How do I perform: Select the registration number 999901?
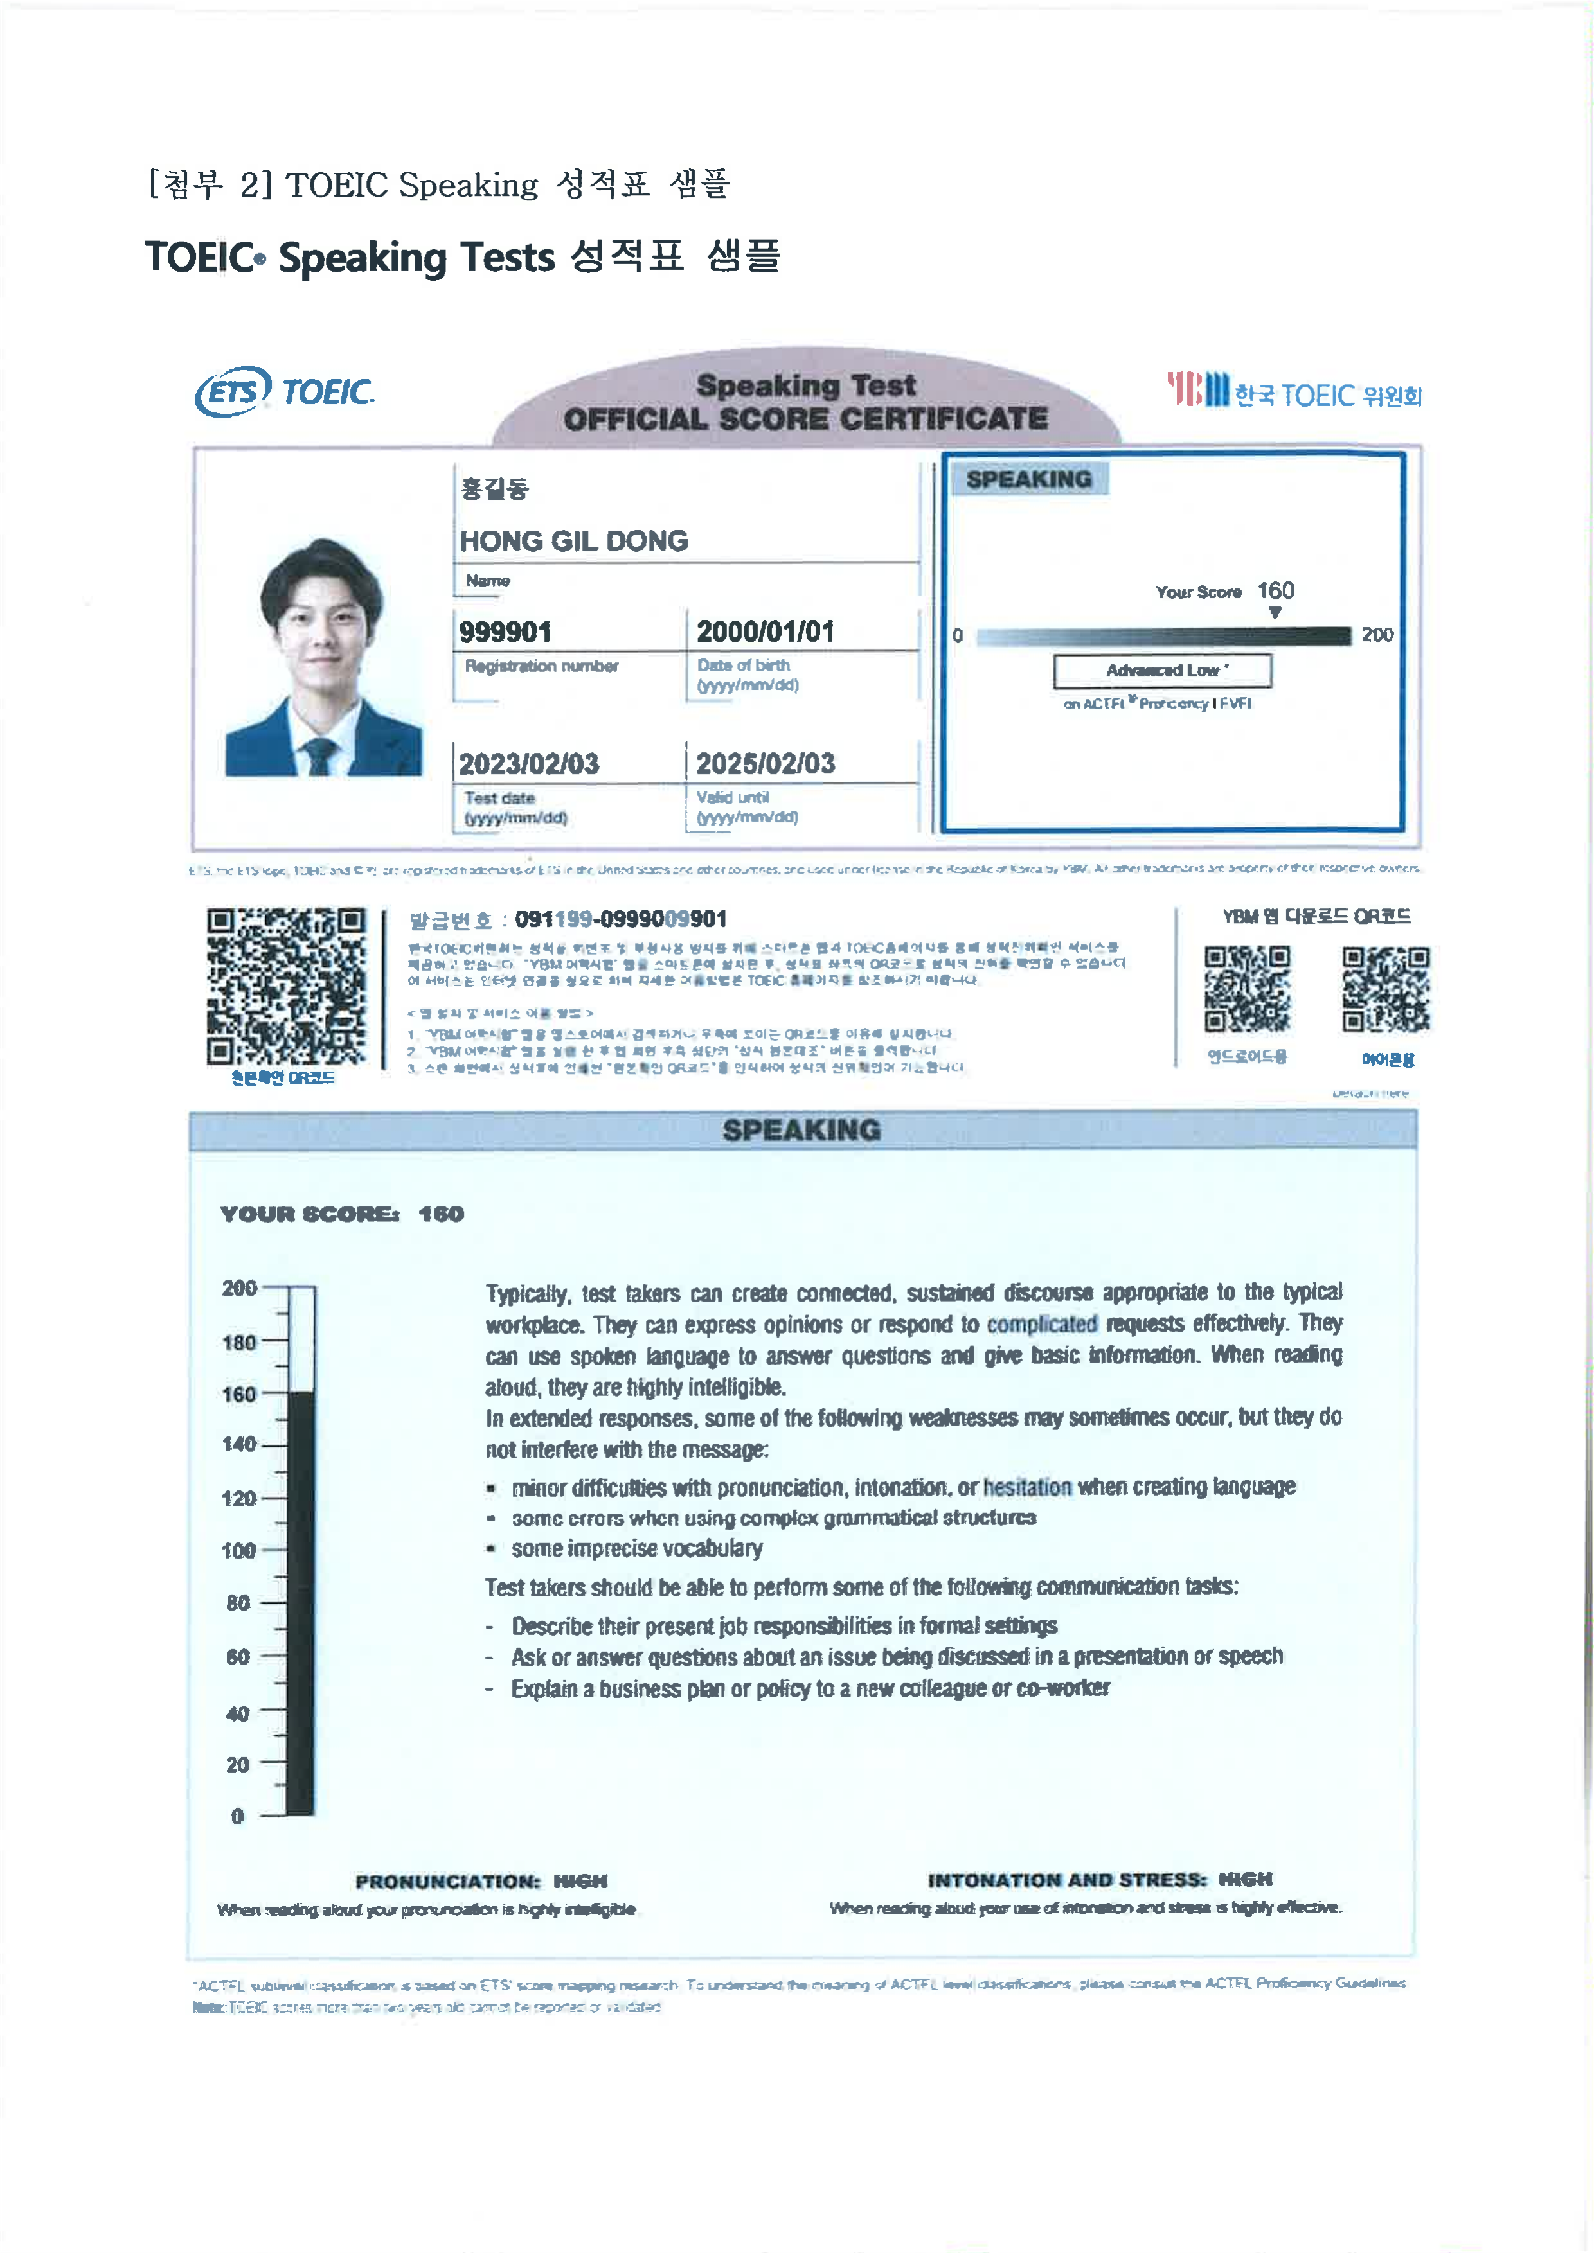[505, 632]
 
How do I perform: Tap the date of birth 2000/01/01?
[765, 632]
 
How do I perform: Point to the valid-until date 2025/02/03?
[765, 763]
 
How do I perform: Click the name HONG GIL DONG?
[573, 541]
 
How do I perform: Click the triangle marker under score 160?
[1275, 612]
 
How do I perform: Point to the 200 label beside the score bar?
[1377, 635]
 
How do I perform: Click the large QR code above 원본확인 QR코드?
[285, 985]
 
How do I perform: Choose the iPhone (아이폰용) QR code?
[1386, 989]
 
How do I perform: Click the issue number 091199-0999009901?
[620, 919]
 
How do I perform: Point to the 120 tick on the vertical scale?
[240, 1498]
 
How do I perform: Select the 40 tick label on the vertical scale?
[238, 1713]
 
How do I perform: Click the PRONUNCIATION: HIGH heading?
[481, 1881]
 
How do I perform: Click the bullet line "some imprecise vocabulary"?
[636, 1548]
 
